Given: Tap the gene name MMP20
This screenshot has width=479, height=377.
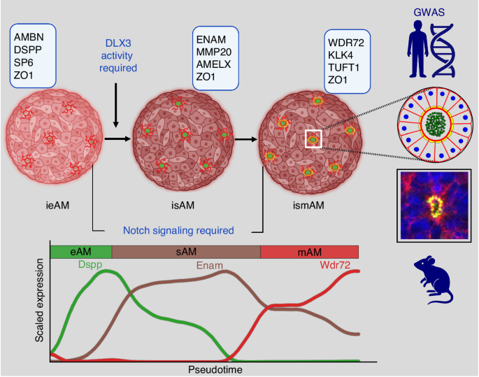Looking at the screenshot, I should point(216,49).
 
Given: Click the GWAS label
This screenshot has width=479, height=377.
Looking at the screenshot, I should point(434,11).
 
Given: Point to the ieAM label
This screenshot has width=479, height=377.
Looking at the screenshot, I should point(54,206).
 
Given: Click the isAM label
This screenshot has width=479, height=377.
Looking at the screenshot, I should point(182,206).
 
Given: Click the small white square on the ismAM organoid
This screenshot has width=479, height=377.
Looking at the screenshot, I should point(313,139).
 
